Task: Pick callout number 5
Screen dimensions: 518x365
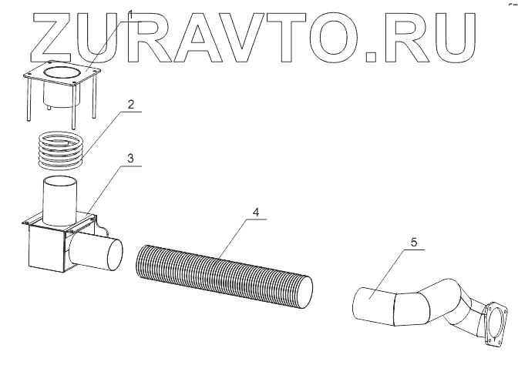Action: coord(414,243)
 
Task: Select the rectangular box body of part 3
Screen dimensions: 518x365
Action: coord(45,250)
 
